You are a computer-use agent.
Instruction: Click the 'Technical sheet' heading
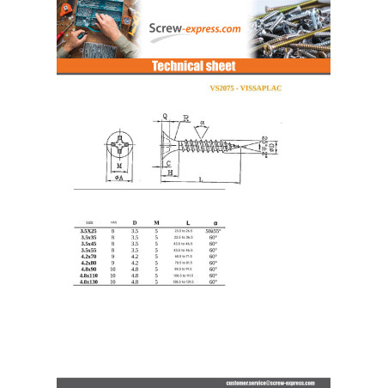[193, 66]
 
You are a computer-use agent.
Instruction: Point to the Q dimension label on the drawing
[164, 114]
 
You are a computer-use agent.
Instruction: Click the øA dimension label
[118, 178]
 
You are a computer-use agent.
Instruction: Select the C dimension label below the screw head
[169, 161]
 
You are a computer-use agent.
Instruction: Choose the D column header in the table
[134, 222]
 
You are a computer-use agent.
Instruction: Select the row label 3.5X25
[88, 231]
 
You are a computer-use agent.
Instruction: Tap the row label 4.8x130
[88, 282]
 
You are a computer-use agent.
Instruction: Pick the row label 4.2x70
[88, 256]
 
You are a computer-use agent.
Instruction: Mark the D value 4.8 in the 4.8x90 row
[134, 269]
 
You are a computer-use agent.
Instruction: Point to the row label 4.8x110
[88, 276]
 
